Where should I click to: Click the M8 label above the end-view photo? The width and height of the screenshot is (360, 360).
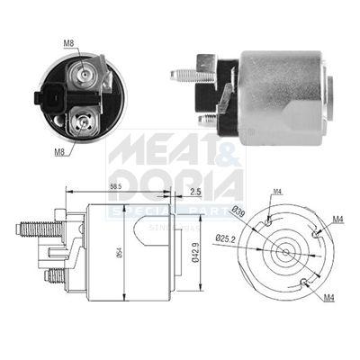pyautogui.click(x=68, y=41)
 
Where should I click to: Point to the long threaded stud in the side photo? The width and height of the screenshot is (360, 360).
pyautogui.click(x=191, y=76)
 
